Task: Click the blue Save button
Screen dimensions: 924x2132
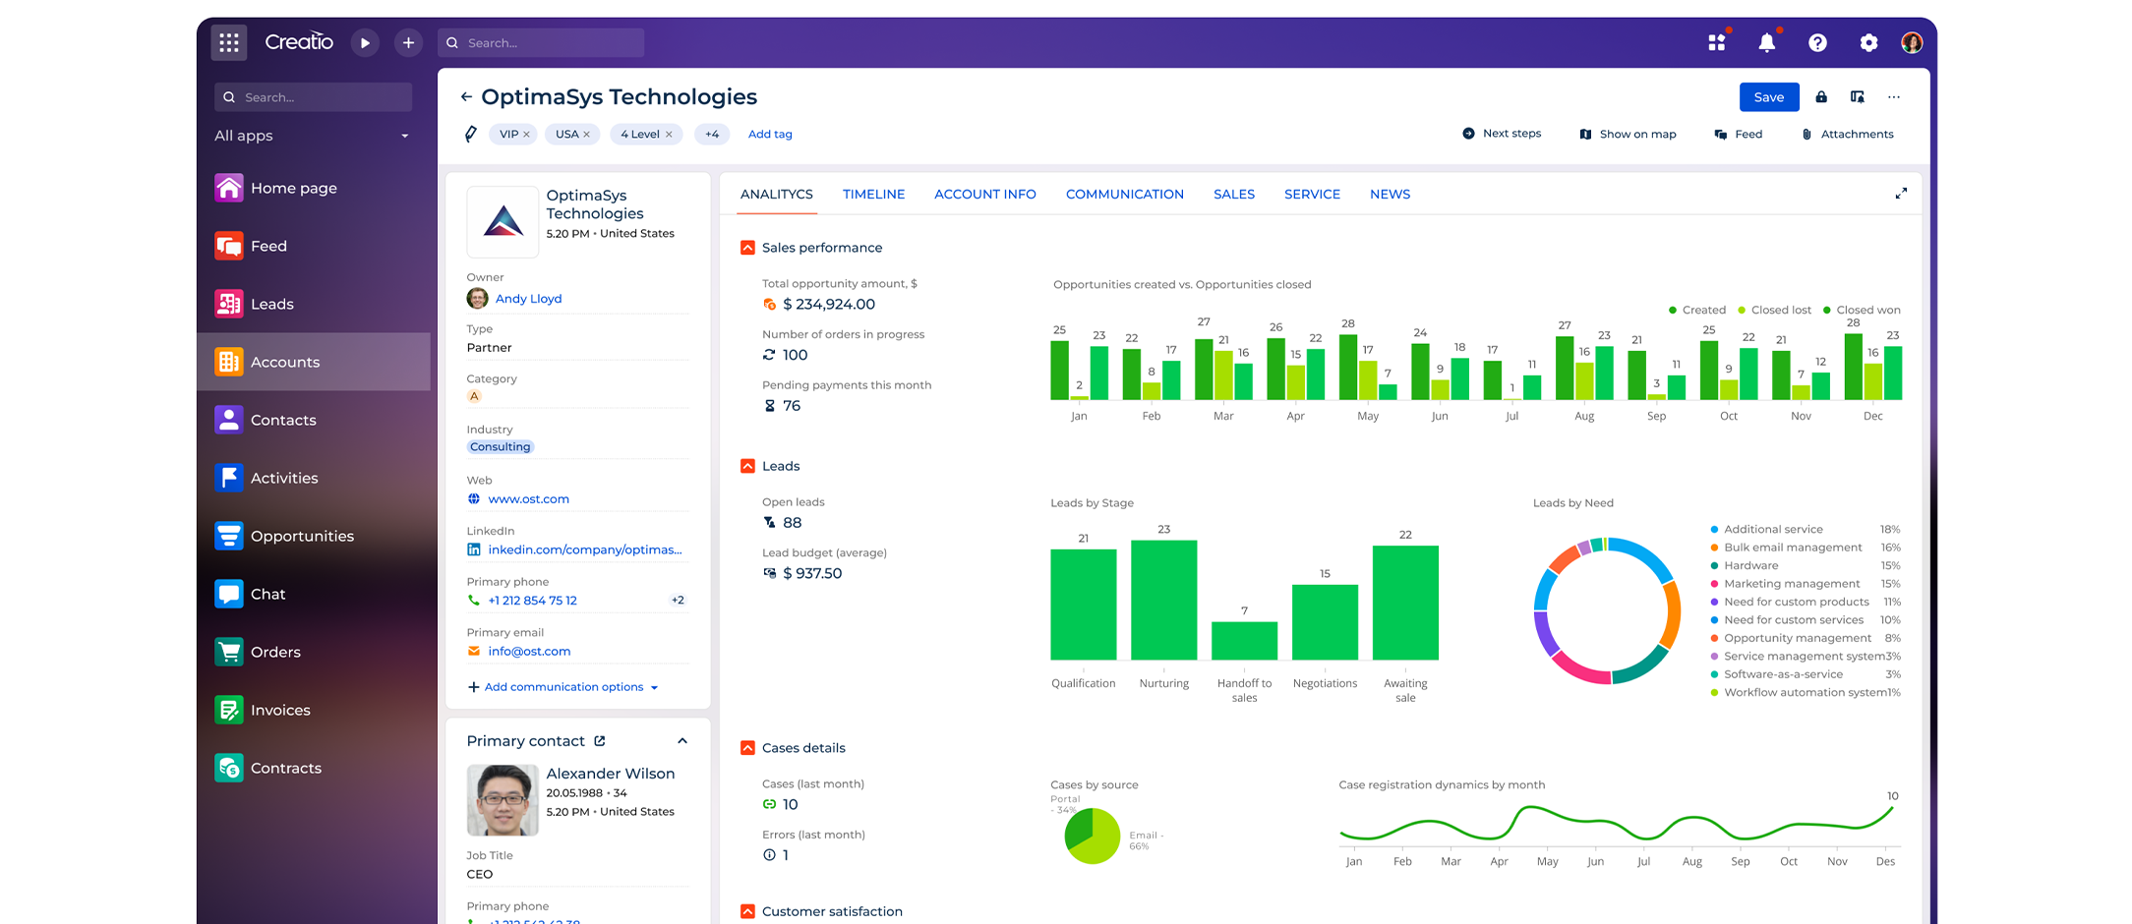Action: coord(1768,97)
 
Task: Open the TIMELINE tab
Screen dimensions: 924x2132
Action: coord(873,195)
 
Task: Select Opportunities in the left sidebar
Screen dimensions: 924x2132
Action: coord(302,536)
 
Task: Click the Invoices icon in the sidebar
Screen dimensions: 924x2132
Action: coord(228,710)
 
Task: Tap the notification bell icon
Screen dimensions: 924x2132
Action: coord(1766,42)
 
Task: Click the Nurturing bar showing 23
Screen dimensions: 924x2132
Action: coord(1163,600)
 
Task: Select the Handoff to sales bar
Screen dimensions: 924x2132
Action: coord(1244,640)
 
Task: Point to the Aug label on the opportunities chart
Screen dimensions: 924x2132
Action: coord(1583,417)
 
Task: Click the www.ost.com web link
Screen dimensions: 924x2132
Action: coord(528,499)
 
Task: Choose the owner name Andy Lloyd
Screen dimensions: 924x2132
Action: coord(528,299)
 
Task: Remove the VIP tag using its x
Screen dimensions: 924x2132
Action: coord(526,135)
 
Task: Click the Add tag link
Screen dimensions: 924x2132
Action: coord(770,135)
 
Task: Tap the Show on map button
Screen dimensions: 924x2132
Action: coord(1629,135)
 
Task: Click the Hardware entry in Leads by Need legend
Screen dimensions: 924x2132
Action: coord(1750,566)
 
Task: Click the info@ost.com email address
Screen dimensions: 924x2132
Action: coord(529,652)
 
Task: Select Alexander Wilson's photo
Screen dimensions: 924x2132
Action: coord(503,800)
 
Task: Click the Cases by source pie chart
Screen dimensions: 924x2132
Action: coord(1092,837)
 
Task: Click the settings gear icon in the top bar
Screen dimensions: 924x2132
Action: coord(1868,42)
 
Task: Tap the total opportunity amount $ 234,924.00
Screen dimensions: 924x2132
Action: coord(828,305)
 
